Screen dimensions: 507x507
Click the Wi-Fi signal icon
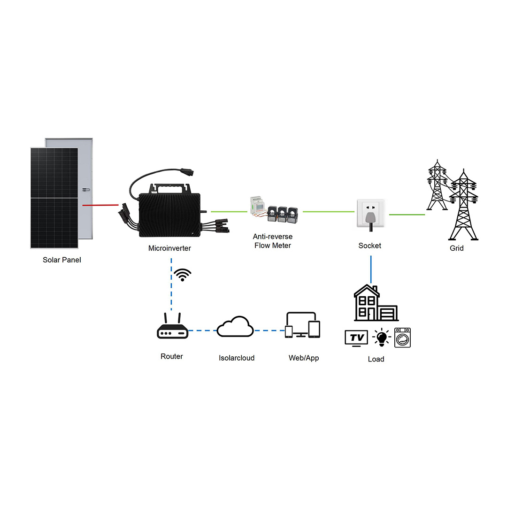(183, 275)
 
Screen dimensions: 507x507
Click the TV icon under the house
(356, 338)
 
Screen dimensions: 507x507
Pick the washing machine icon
(403, 338)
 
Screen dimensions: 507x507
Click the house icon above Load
(375, 303)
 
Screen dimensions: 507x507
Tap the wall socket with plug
(371, 214)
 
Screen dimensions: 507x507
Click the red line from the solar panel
(100, 205)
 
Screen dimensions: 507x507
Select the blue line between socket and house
(371, 269)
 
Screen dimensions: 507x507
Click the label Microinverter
(169, 248)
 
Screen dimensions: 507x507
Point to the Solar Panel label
(61, 260)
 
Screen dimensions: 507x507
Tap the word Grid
(456, 248)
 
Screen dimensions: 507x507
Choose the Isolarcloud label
(237, 358)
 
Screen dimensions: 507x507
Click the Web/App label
(304, 358)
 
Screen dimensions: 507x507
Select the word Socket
(370, 246)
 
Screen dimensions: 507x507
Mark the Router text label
(172, 356)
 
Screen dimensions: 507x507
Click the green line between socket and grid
(407, 215)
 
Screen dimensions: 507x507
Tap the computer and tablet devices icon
(303, 325)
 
